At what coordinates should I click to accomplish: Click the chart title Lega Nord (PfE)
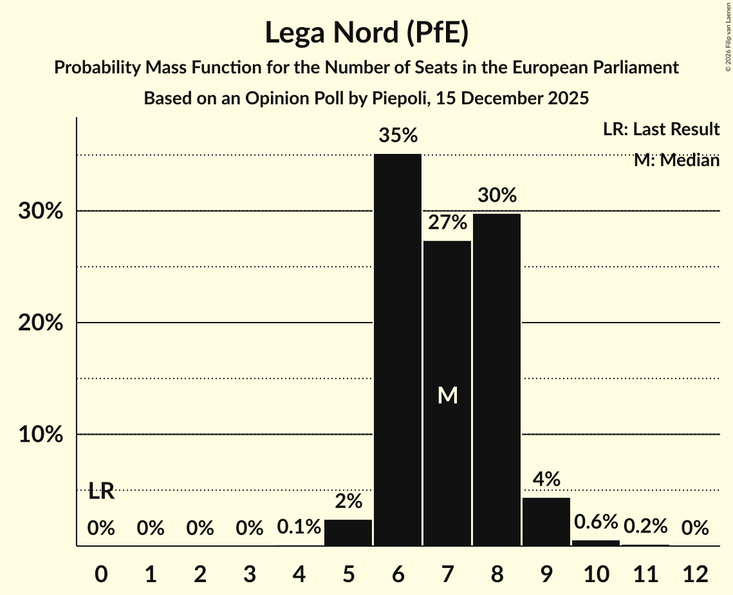click(366, 32)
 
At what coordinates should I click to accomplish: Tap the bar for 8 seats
click(497, 380)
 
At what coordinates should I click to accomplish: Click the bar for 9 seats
click(546, 522)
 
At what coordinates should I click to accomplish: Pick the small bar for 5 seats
click(348, 533)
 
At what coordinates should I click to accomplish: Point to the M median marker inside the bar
click(447, 395)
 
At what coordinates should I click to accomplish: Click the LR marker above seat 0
click(101, 491)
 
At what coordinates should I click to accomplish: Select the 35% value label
click(398, 136)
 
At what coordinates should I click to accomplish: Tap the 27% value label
click(447, 223)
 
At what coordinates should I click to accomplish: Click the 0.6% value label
click(596, 522)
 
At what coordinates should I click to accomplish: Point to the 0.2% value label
click(645, 526)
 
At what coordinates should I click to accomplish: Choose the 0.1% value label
click(299, 527)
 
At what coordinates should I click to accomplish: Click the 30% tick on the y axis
click(41, 211)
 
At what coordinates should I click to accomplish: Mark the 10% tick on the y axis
click(41, 435)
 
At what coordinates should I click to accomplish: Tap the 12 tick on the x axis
click(695, 574)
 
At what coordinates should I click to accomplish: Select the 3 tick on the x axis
click(250, 574)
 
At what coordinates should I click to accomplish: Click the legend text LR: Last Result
click(661, 129)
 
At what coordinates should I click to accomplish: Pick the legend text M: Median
click(676, 160)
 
